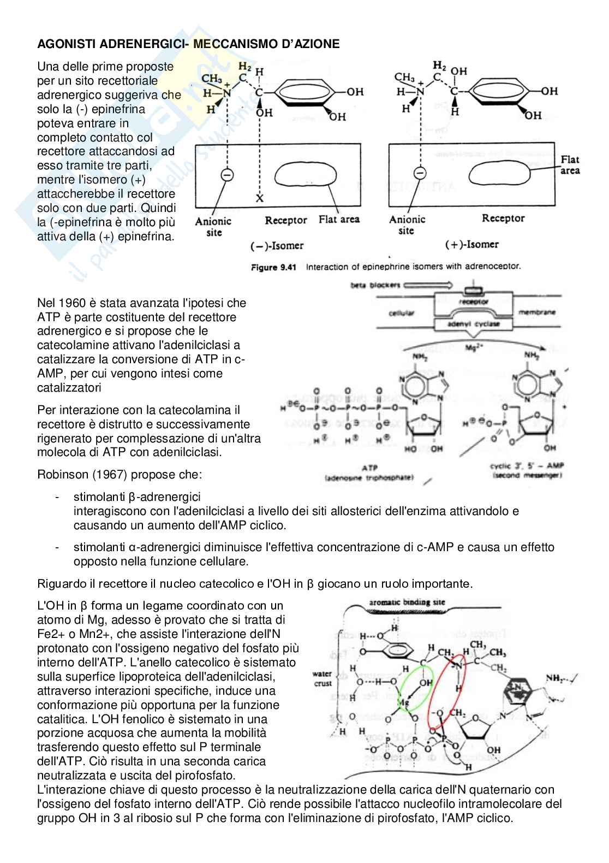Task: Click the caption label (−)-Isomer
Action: click(x=277, y=246)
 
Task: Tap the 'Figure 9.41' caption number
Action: click(x=273, y=268)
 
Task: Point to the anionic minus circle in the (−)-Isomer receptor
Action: click(x=227, y=175)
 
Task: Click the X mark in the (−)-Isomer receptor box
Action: click(x=260, y=199)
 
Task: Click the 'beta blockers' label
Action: click(x=376, y=285)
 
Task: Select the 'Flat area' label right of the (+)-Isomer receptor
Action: click(x=570, y=165)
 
